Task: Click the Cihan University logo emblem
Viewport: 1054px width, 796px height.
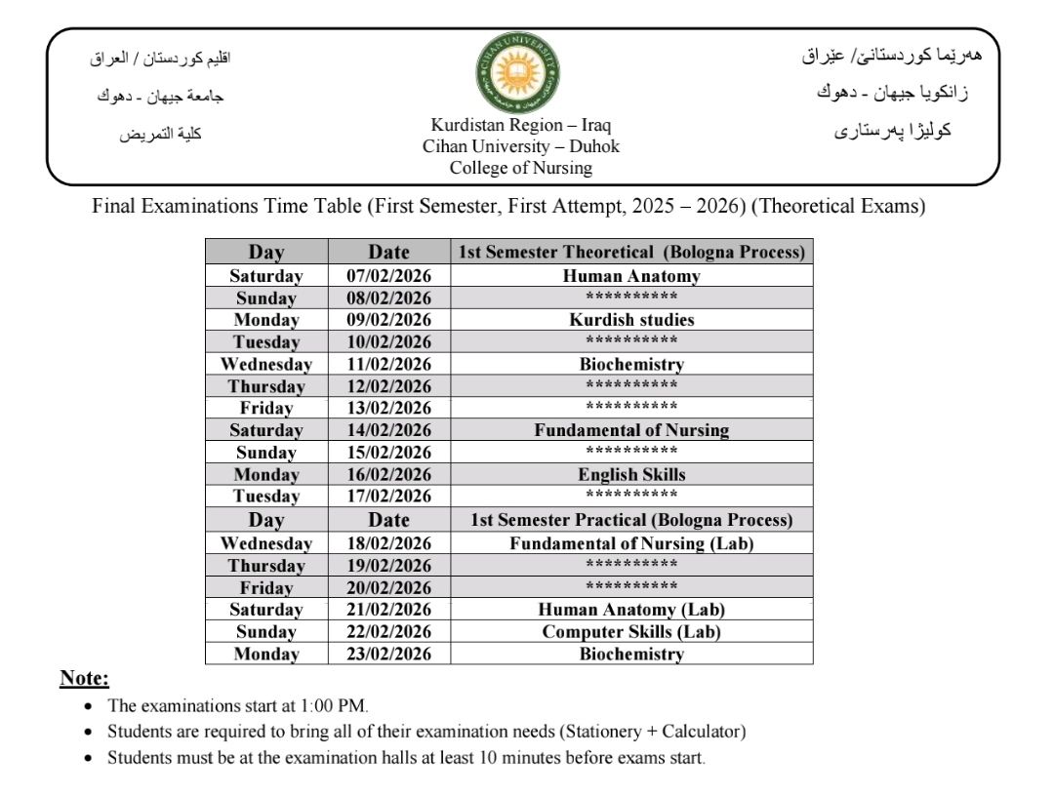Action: (518, 74)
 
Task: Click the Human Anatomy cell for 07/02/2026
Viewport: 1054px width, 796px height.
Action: (631, 276)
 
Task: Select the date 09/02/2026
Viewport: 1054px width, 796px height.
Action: (389, 320)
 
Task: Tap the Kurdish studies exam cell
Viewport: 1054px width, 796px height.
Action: (631, 320)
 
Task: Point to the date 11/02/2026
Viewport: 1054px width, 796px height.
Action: (389, 365)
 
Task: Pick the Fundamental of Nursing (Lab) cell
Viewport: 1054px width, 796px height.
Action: (631, 543)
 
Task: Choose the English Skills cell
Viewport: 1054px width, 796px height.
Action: (631, 475)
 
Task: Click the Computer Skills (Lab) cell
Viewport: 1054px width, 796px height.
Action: (631, 632)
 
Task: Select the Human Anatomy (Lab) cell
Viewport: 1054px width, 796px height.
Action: (631, 610)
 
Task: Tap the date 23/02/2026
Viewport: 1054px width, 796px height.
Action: (389, 655)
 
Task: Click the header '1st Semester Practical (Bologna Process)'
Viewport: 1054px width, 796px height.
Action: (631, 520)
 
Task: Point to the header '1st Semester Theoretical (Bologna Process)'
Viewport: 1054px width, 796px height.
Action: (631, 252)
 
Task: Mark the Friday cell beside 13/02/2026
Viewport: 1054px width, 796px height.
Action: (266, 408)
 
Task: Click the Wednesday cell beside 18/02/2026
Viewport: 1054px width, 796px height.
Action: (266, 543)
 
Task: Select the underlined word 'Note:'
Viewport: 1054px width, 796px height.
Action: (85, 677)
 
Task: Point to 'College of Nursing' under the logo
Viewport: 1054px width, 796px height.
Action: (520, 168)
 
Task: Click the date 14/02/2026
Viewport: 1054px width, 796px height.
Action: (389, 430)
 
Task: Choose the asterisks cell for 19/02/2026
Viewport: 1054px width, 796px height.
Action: (631, 565)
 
